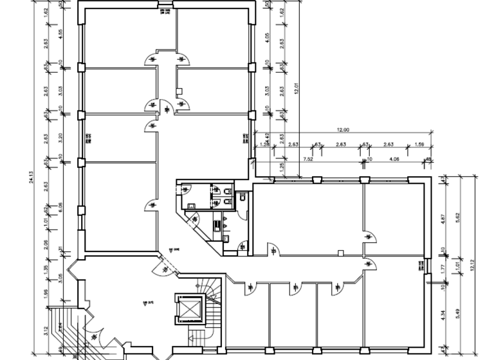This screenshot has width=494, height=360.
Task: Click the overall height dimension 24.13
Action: (x=32, y=181)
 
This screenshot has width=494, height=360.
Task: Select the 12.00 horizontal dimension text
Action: (x=342, y=130)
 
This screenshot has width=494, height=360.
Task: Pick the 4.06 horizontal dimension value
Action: (x=394, y=158)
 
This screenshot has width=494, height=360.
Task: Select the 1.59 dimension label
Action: (x=419, y=145)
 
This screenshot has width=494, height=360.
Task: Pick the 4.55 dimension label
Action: (x=60, y=35)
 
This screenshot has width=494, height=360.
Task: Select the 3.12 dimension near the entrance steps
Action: (x=46, y=332)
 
